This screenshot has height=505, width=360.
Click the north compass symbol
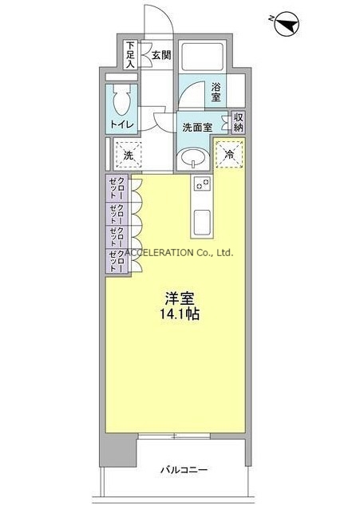[x=287, y=24]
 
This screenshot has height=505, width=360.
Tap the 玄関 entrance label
[x=161, y=55]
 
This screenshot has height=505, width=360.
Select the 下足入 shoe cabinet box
[x=131, y=54]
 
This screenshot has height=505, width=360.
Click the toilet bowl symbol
[x=122, y=100]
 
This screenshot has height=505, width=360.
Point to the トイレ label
[x=122, y=124]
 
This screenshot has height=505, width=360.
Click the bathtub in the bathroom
[x=202, y=57]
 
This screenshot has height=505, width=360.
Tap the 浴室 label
[x=216, y=92]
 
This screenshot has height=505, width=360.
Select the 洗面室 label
[x=197, y=128]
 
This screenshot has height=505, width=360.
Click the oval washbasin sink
[x=193, y=158]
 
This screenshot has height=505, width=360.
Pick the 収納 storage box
[x=238, y=122]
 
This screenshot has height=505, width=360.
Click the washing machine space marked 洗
[x=129, y=156]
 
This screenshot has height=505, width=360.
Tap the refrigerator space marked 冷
[x=229, y=154]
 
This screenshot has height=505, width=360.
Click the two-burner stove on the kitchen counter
[x=203, y=184]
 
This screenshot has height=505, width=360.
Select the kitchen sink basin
[x=202, y=222]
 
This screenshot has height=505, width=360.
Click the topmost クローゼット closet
[x=117, y=188]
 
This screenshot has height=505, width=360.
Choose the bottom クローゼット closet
[x=117, y=262]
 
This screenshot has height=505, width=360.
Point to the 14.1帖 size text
[x=180, y=314]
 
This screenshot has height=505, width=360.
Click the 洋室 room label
[x=180, y=298]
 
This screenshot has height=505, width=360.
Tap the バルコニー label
[x=184, y=470]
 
